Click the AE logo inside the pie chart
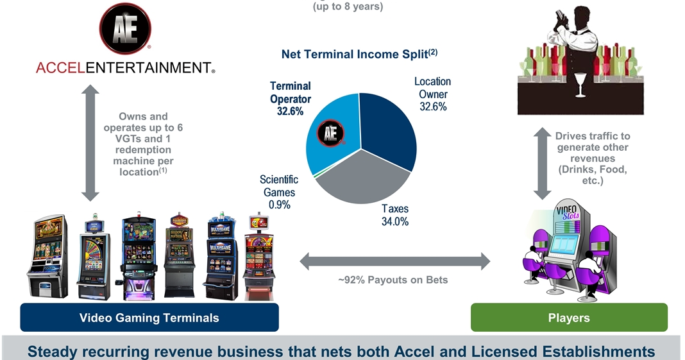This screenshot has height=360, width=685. [331, 133]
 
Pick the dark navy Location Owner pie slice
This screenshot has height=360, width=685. [388, 135]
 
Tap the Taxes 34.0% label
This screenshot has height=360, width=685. [395, 215]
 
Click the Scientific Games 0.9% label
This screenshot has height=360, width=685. [278, 192]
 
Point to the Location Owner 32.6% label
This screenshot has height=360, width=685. [432, 94]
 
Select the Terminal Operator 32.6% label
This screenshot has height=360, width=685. [290, 99]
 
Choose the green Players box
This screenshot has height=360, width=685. [569, 318]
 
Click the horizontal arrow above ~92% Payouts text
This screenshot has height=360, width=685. [394, 261]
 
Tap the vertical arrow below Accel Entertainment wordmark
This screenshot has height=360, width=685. [90, 143]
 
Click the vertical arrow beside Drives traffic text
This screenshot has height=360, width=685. [543, 163]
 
